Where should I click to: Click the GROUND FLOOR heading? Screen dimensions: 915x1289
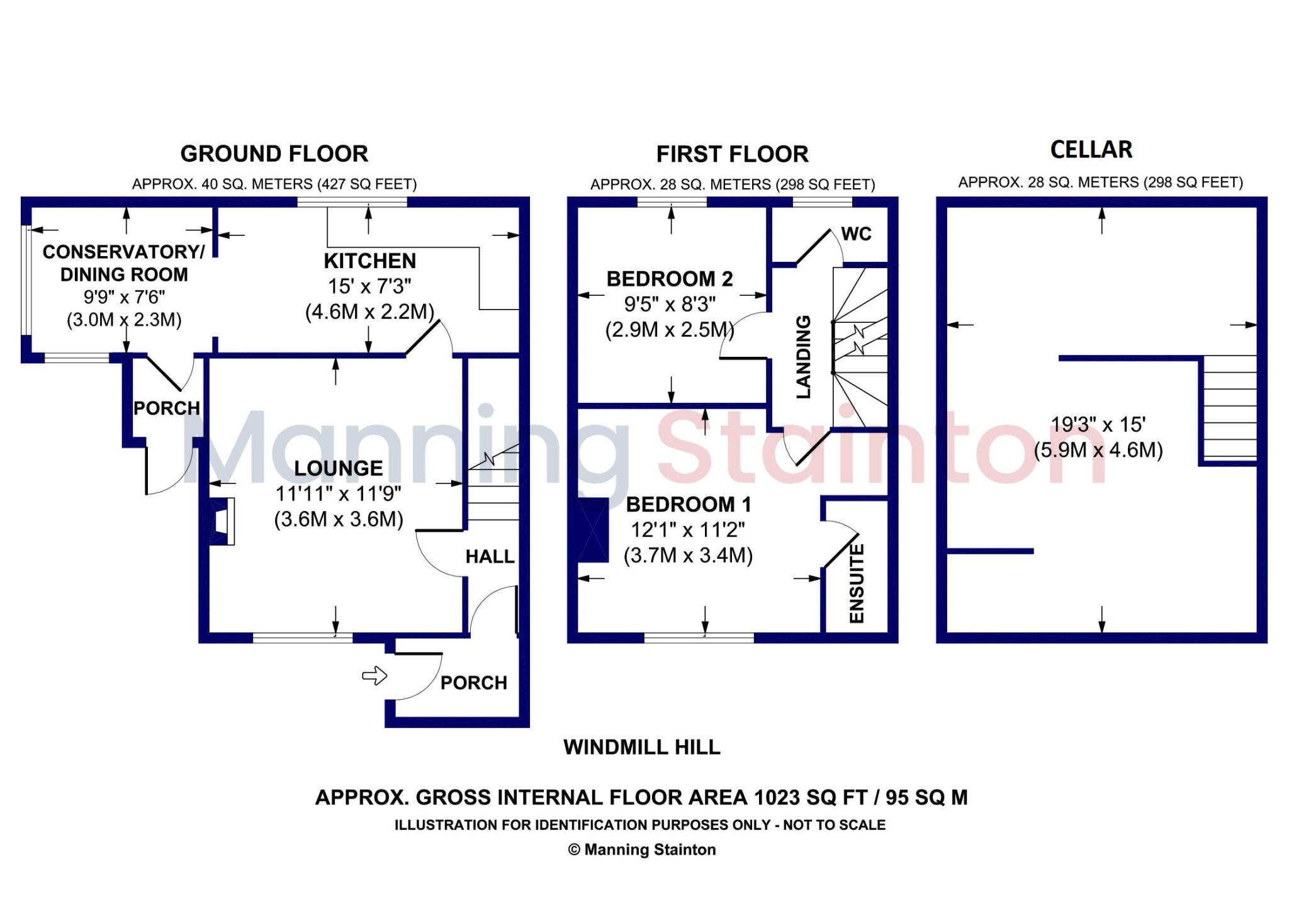274,154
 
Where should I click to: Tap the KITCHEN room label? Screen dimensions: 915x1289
369,261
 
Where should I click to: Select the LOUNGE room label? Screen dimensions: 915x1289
339,468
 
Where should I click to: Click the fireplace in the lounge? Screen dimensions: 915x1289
222,521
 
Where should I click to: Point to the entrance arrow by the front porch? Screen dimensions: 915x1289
374,676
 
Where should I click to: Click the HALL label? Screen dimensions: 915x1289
490,556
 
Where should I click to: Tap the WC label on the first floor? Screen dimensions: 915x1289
856,234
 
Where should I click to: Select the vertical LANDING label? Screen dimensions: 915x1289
804,357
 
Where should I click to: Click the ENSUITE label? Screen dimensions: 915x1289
857,583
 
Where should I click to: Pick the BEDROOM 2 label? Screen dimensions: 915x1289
670,279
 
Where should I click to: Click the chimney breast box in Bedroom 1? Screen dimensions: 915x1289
593,530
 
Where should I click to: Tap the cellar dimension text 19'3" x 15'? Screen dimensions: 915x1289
1098,425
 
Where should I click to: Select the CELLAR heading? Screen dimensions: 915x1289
1091,150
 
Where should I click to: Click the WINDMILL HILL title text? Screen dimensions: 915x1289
641,747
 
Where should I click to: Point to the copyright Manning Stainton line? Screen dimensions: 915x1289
641,850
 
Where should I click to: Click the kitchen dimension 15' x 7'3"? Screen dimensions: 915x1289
369,286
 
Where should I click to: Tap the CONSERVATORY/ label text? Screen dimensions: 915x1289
123,252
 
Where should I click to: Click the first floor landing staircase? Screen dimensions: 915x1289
860,347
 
